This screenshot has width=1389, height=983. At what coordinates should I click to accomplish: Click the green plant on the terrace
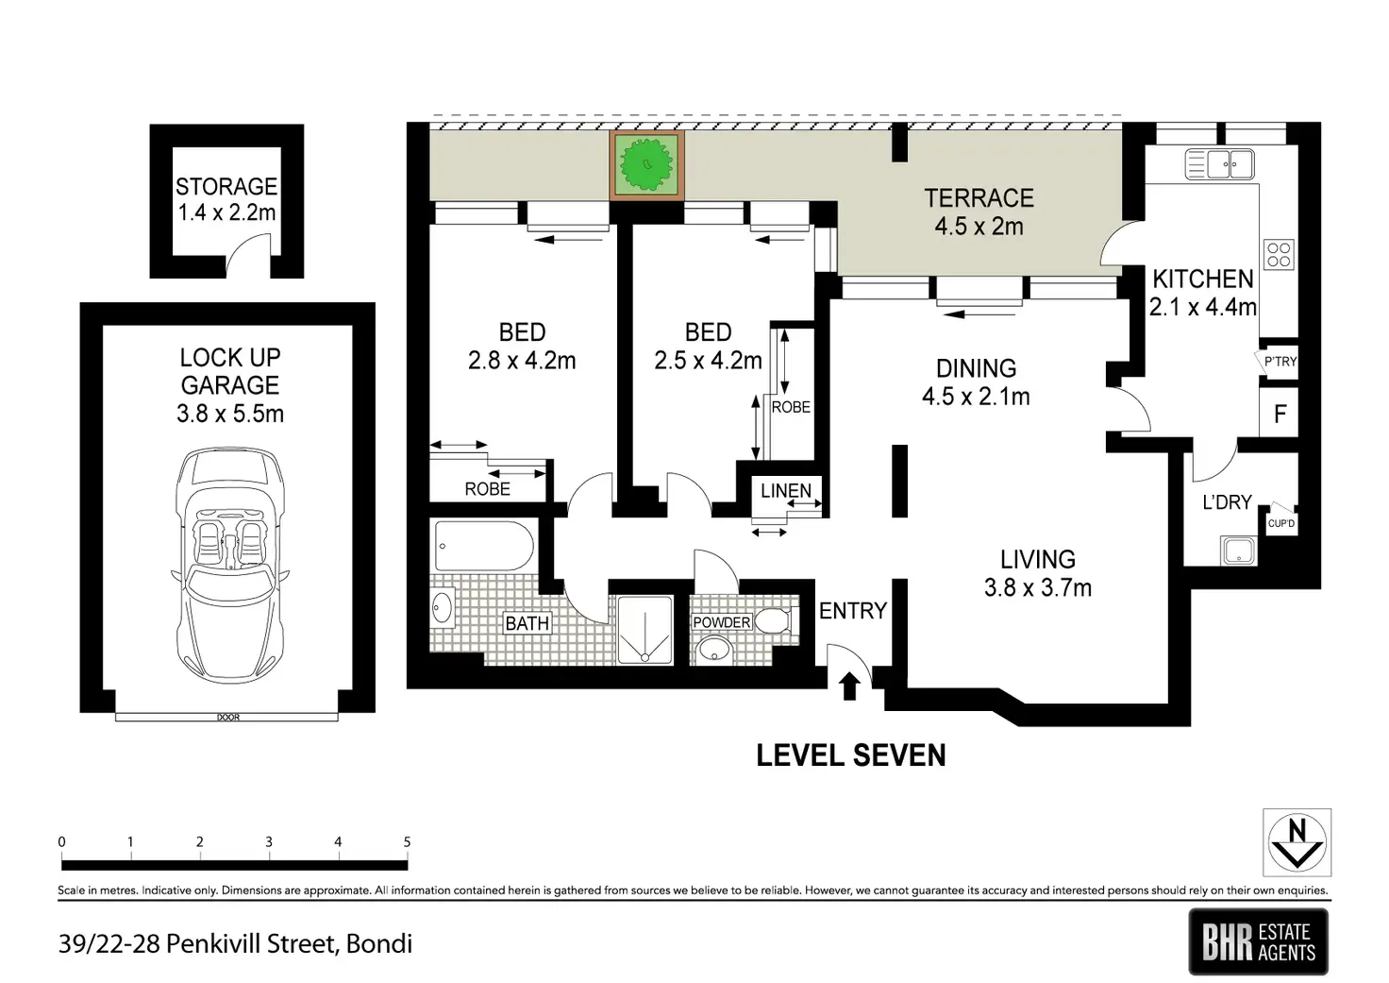(x=646, y=165)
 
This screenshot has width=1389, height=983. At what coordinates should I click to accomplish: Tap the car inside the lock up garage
(x=230, y=566)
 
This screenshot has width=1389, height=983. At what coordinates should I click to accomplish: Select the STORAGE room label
(x=226, y=186)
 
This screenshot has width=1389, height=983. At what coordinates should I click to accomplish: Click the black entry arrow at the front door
(x=849, y=686)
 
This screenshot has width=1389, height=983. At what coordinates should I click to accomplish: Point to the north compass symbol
(x=1297, y=842)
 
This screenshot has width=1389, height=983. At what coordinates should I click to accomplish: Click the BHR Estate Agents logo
(x=1258, y=941)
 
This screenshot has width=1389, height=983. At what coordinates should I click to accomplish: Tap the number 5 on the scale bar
(x=407, y=841)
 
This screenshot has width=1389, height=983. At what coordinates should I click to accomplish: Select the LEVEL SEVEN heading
(x=851, y=755)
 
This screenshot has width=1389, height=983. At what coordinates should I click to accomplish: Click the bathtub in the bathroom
(x=484, y=546)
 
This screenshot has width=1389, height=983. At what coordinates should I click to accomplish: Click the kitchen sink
(x=1220, y=164)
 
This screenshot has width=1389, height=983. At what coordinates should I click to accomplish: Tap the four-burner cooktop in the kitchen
(x=1279, y=254)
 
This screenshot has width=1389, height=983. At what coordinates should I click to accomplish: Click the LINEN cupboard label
(x=786, y=490)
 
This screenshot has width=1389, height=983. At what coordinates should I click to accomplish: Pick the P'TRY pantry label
(x=1280, y=361)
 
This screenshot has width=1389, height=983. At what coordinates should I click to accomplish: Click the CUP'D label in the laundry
(x=1281, y=523)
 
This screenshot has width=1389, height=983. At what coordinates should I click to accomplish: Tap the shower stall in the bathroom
(x=644, y=631)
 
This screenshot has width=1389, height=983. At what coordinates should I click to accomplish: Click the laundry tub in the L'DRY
(x=1238, y=551)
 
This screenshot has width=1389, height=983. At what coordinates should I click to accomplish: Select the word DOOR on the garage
(x=228, y=718)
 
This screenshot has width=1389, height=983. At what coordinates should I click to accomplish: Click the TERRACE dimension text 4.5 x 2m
(x=979, y=227)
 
